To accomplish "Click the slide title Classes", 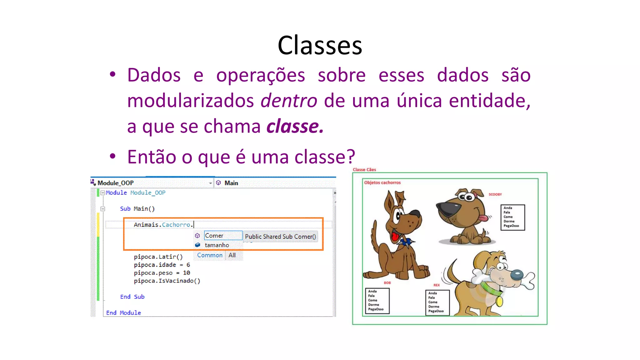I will click(x=320, y=46).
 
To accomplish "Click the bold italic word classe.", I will click(x=295, y=127).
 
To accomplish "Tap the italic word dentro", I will click(x=289, y=101).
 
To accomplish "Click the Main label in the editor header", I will click(x=231, y=183).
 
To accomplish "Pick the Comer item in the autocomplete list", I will click(x=214, y=236).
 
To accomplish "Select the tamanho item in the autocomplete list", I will click(x=217, y=245).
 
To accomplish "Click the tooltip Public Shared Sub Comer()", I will click(x=280, y=237).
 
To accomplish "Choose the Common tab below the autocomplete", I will click(x=210, y=255).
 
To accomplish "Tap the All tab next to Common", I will click(x=232, y=255).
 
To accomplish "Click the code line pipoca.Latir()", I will click(x=158, y=257).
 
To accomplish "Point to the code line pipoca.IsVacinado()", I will click(x=167, y=281).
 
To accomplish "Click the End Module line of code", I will click(x=123, y=313).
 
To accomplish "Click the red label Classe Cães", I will click(x=364, y=170).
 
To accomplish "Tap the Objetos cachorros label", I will click(x=382, y=182).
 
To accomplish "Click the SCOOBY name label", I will click(x=495, y=194).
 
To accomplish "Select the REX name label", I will click(x=436, y=285).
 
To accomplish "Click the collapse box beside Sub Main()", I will click(x=103, y=209).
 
